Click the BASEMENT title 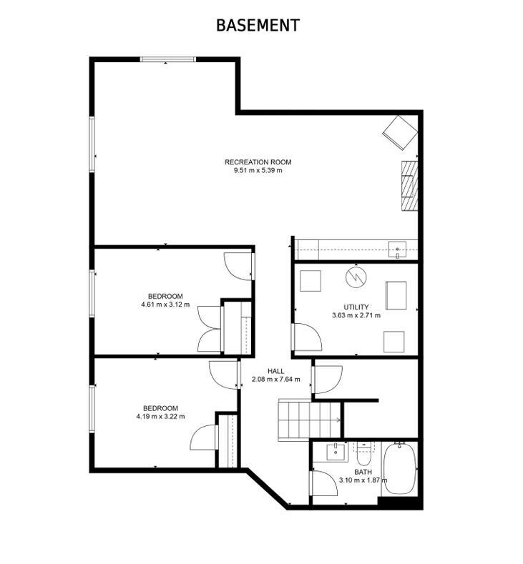258,26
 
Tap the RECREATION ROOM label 258,162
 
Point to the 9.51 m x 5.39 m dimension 258,171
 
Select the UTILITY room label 356,307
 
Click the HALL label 276,371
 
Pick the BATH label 363,472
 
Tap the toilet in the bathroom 363,450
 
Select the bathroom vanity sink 335,452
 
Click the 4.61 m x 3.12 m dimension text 165,305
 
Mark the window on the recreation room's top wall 167,59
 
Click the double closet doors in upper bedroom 209,329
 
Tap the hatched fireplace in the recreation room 409,184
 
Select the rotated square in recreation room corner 398,133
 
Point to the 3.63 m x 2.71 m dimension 356,315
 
